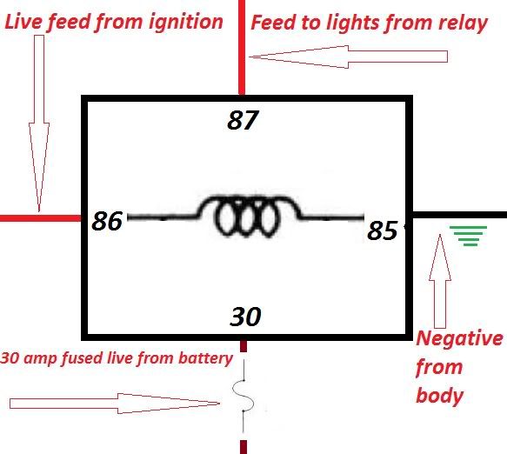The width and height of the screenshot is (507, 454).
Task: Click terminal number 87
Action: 243,120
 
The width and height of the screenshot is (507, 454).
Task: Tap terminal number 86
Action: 107,221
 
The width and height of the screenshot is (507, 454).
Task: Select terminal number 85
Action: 383,230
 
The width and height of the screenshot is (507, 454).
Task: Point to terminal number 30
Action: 245,317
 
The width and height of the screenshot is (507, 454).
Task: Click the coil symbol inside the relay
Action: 246,216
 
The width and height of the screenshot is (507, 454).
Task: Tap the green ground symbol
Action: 468,236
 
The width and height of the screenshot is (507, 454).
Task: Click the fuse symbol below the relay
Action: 243,396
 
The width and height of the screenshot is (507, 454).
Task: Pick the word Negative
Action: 459,338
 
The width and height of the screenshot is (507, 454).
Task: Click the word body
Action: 439,396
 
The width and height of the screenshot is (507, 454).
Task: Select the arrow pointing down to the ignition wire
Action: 39,124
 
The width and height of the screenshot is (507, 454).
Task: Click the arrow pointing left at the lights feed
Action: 348,57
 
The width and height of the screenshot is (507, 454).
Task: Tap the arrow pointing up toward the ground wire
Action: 440,281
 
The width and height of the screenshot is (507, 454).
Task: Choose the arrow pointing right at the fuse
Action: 115,404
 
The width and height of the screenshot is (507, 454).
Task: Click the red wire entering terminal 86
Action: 40,218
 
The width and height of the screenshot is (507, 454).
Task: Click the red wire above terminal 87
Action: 242,48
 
